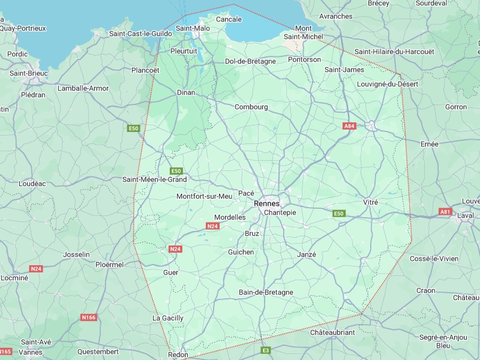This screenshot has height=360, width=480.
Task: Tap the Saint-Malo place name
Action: coord(193,28)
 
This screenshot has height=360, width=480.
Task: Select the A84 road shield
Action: coord(349,126)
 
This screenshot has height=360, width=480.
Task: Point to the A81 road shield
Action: coord(445,212)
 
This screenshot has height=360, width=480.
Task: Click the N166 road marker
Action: coord(88,317)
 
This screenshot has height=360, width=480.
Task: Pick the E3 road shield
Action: coord(266,350)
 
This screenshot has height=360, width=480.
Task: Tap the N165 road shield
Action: coord(5,351)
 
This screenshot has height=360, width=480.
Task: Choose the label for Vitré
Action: coord(371,203)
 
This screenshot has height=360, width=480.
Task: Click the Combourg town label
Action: coord(251,107)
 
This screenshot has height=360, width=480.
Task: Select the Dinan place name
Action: coord(186,92)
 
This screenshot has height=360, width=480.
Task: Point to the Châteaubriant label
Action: coord(333,332)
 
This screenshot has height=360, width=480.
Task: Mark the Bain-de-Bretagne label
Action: coord(266,292)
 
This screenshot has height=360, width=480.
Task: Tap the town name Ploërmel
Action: coord(109,264)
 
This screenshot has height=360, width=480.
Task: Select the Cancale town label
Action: coord(229,19)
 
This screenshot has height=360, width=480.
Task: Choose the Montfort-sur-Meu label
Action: coord(204,196)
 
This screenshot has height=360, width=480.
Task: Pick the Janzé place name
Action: coord(306,254)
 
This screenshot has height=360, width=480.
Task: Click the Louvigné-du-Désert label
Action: coord(387,84)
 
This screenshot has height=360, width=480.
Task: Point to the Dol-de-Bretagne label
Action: coord(250,61)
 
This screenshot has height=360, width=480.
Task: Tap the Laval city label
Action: coord(465,215)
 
